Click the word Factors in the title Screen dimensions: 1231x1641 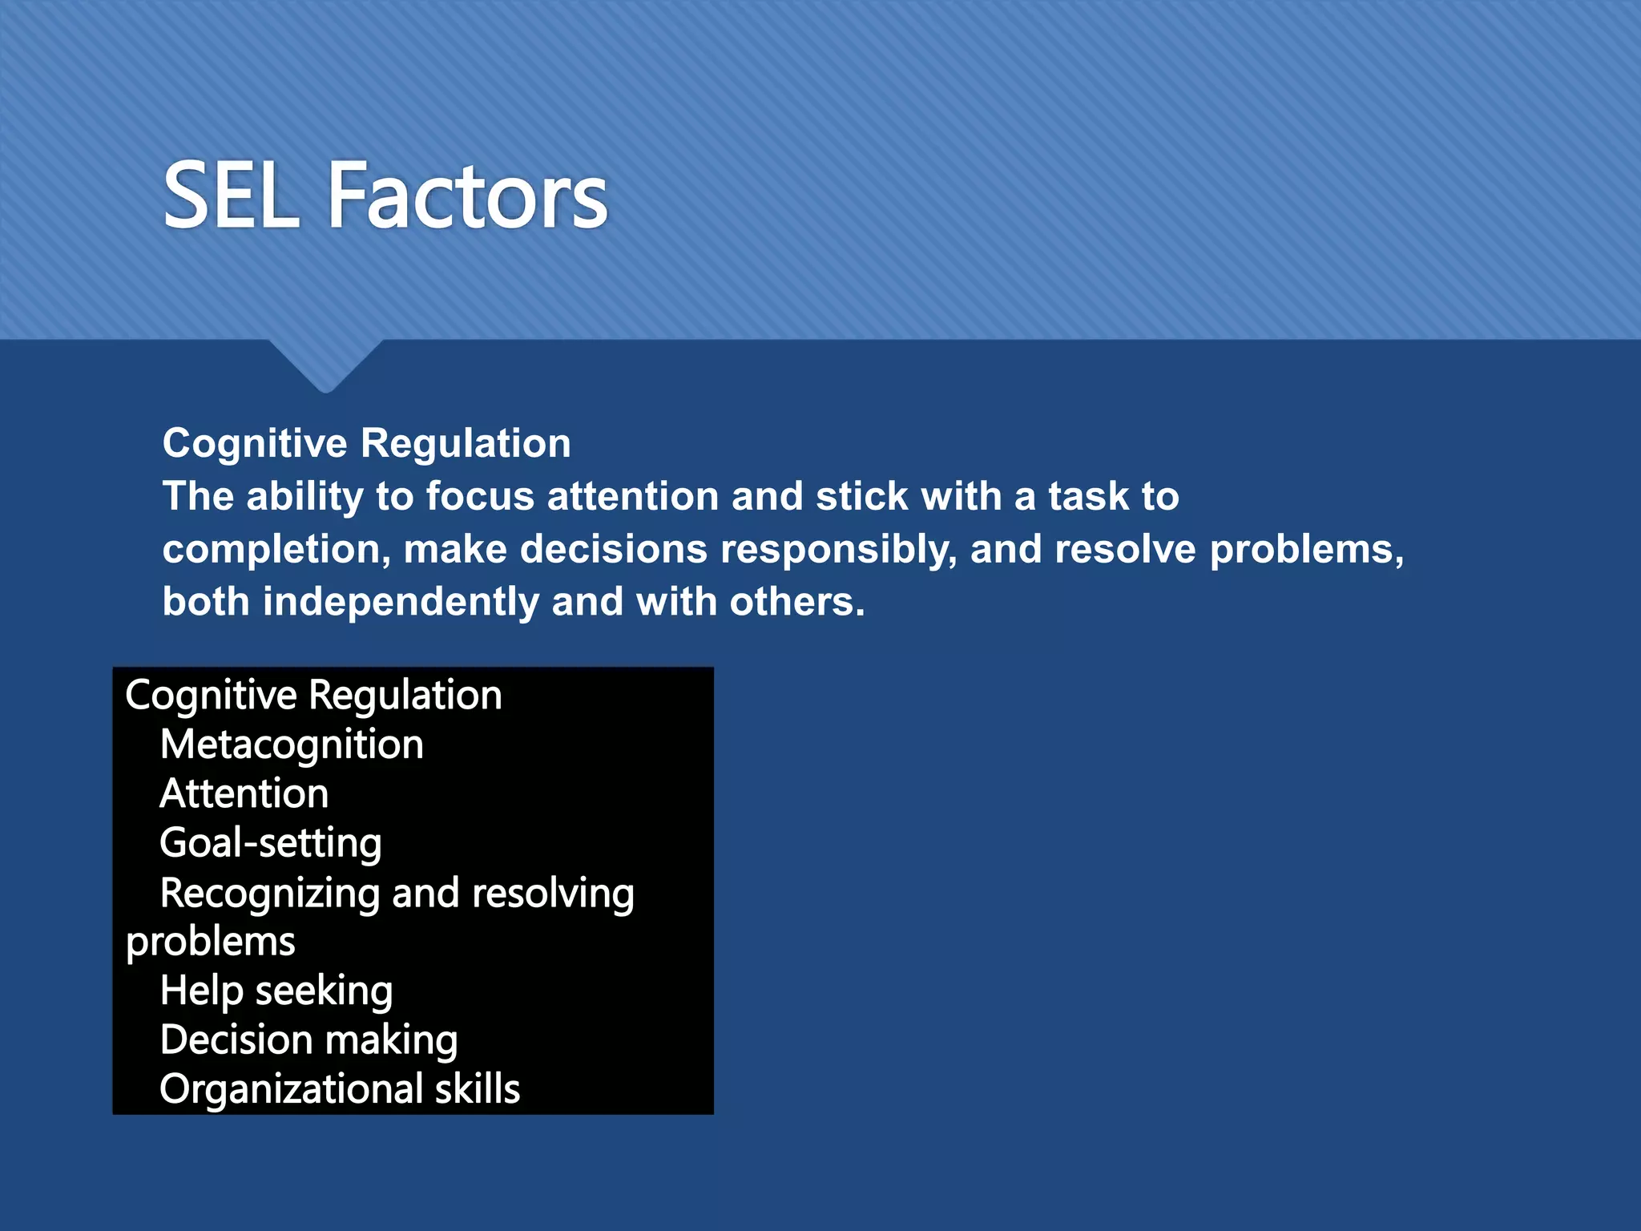468,196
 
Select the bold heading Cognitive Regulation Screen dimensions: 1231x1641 366,443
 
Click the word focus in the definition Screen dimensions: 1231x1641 479,496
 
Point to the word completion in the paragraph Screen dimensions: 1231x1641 276,550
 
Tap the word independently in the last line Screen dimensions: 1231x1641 401,602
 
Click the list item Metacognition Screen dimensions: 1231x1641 292,745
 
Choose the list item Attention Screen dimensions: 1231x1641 244,794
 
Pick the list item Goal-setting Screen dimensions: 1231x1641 271,843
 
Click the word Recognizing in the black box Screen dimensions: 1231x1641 270,893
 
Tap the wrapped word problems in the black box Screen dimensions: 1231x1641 211,942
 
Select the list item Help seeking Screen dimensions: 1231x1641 276,991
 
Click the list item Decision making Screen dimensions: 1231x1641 308,1040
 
